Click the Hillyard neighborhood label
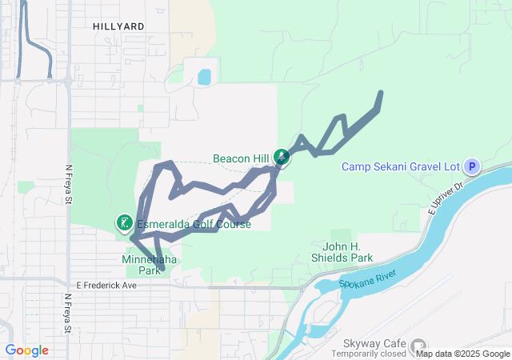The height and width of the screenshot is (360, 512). (x=118, y=26)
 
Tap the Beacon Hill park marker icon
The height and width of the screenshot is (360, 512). (x=282, y=157)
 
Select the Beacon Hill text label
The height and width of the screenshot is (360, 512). (x=240, y=158)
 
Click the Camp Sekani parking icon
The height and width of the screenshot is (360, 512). (x=472, y=166)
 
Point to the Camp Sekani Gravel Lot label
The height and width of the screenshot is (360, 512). (x=400, y=166)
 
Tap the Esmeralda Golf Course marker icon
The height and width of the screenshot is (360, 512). (x=125, y=222)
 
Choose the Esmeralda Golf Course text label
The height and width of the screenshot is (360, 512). (x=194, y=224)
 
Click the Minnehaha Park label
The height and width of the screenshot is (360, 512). (x=149, y=265)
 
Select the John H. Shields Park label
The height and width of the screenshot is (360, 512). (x=342, y=252)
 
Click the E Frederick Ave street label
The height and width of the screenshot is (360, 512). (x=107, y=285)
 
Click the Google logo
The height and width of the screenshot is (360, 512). (x=26, y=350)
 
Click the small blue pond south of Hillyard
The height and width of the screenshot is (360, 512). (x=204, y=77)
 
